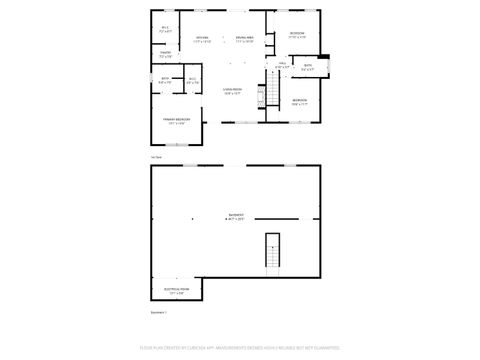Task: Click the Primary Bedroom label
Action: coord(178,121)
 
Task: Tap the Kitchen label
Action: coord(202,40)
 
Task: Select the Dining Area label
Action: coord(243,40)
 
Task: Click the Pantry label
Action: coord(165,55)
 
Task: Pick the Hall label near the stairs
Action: coord(282,66)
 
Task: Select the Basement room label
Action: coord(236,217)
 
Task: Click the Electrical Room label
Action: coord(177,291)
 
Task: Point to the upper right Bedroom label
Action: coord(297,35)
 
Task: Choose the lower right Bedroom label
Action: coord(299,102)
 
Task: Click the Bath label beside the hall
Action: coord(308,68)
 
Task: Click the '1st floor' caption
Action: coord(156,157)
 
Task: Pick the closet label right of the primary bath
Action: coord(192,81)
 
